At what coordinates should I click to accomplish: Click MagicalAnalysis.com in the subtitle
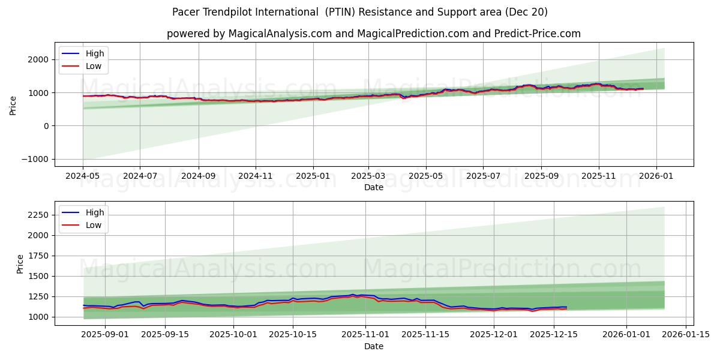[280, 34]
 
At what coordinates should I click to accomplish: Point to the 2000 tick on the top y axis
[38, 59]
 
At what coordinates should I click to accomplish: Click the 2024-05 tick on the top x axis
[83, 176]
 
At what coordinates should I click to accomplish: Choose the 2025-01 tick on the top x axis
[313, 176]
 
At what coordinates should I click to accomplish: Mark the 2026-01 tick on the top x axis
[656, 176]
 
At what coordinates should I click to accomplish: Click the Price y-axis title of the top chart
[13, 105]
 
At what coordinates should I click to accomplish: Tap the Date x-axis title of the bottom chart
[374, 346]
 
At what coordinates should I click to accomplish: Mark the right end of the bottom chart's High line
[566, 307]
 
